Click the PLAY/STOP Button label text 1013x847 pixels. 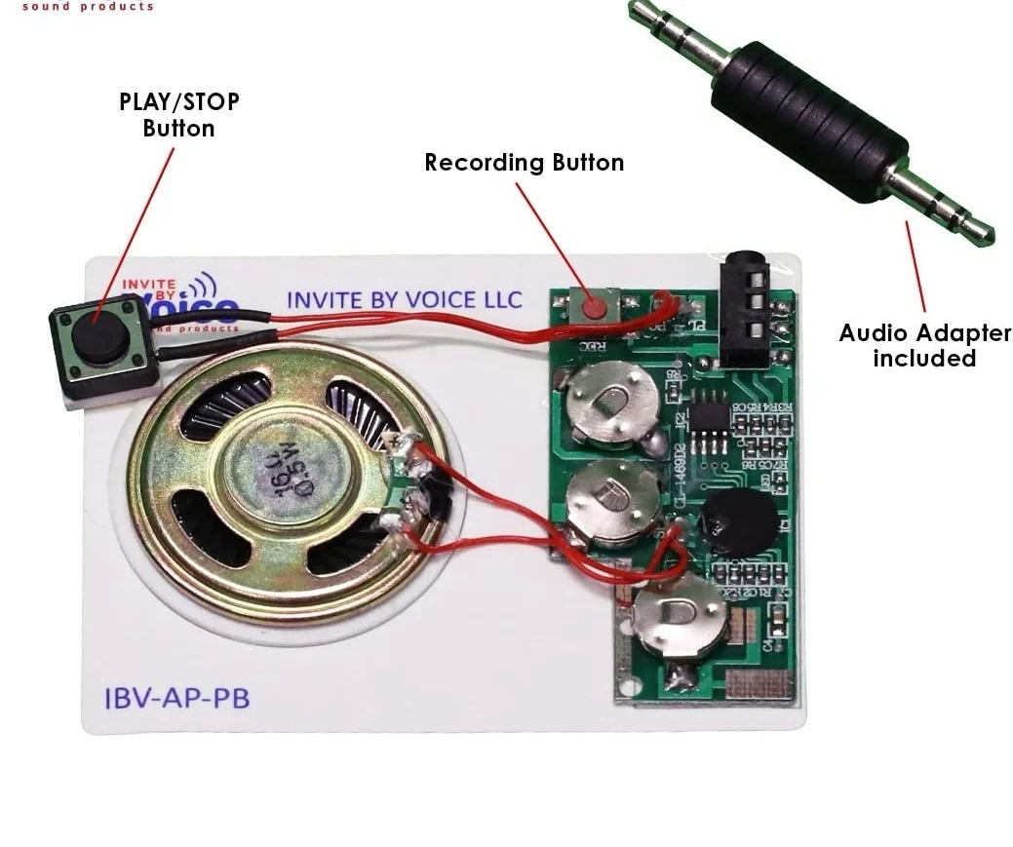(178, 114)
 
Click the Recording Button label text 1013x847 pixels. (524, 163)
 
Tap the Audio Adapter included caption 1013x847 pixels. (924, 345)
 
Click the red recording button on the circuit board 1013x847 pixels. (595, 307)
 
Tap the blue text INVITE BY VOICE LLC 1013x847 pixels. (404, 299)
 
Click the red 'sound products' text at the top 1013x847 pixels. (88, 6)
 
